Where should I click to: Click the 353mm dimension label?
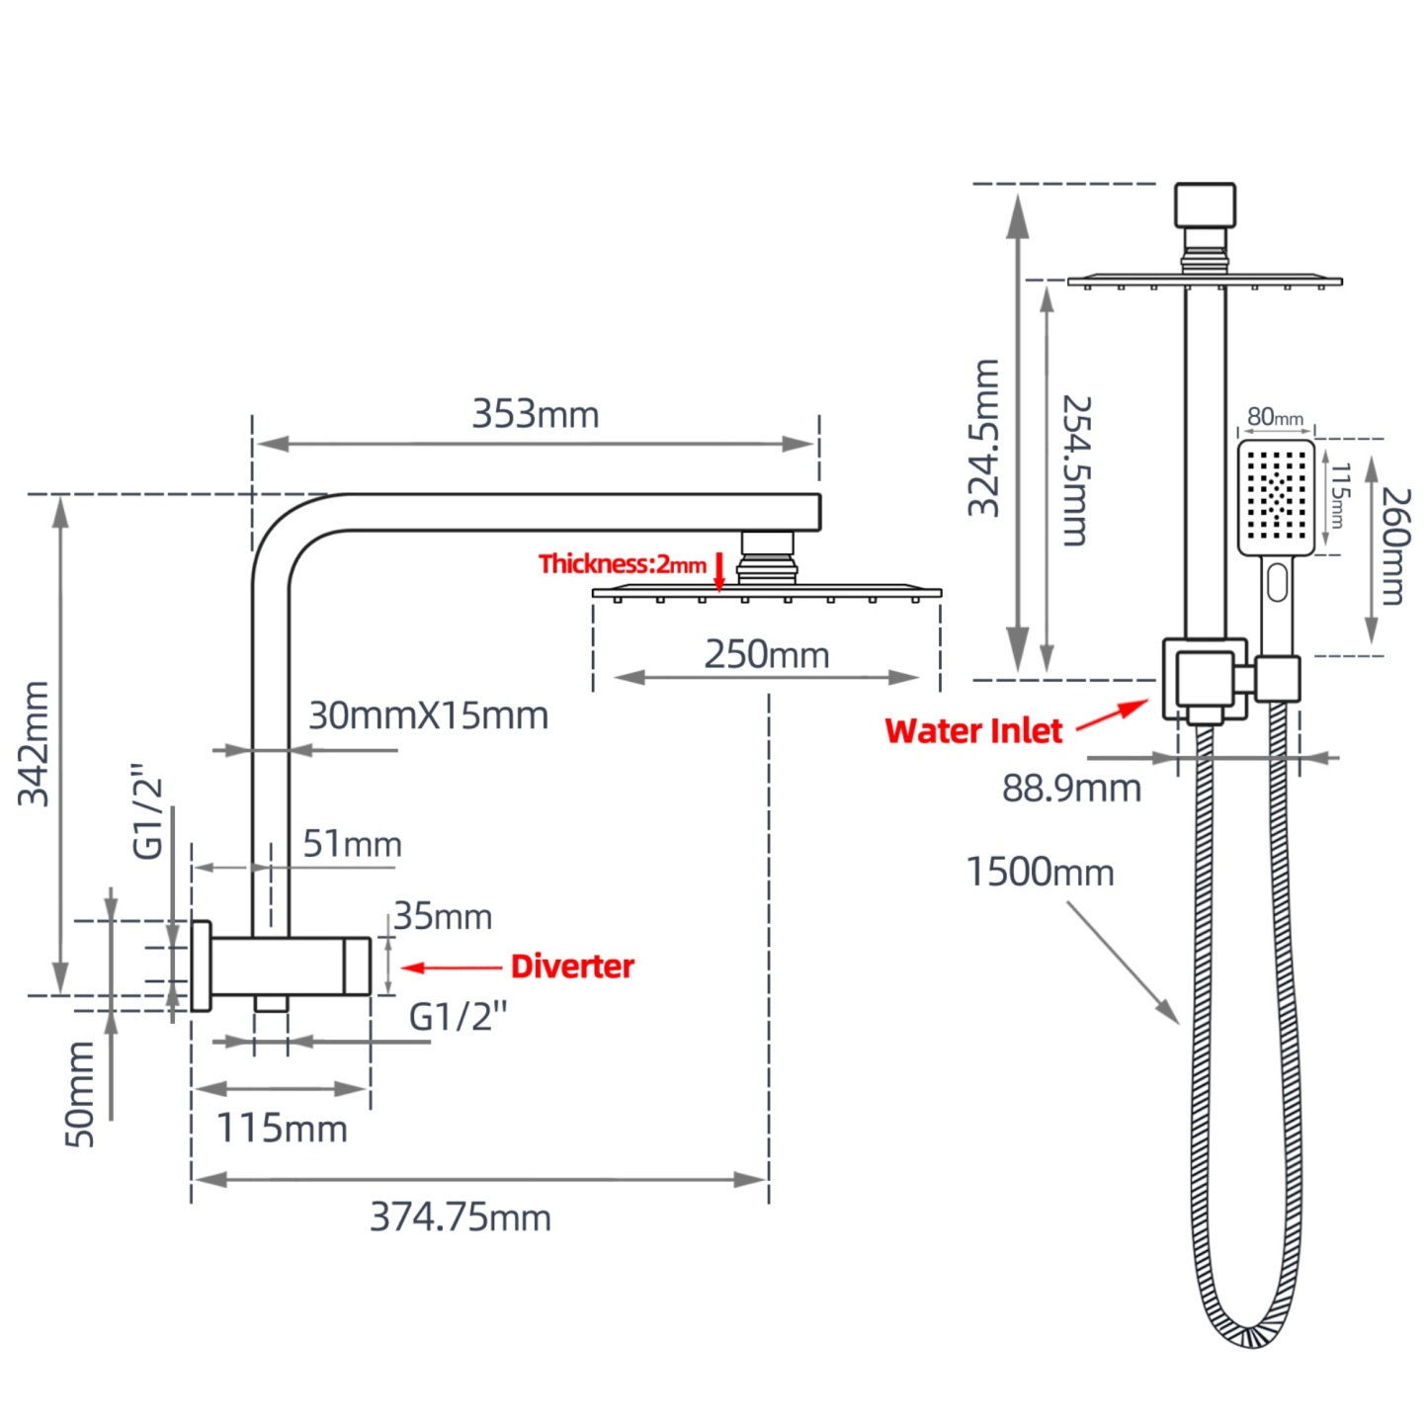click(535, 414)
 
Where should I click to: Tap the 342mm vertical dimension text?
click(35, 743)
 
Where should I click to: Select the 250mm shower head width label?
click(766, 654)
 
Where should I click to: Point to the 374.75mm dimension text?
click(460, 1217)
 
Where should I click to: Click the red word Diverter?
click(572, 966)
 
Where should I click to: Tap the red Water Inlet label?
click(972, 730)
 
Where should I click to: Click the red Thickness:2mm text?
click(622, 564)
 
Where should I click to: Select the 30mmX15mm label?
click(428, 715)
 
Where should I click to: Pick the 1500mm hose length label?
click(1039, 872)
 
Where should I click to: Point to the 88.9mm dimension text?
click(1071, 788)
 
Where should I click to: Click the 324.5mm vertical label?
click(984, 438)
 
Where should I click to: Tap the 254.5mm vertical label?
click(1075, 470)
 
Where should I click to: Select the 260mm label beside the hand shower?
click(1393, 545)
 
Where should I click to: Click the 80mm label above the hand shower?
click(1274, 417)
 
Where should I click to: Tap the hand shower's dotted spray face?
click(1275, 494)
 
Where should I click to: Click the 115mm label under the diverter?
click(282, 1128)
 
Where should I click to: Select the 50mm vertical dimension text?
click(80, 1093)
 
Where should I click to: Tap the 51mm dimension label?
click(352, 844)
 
